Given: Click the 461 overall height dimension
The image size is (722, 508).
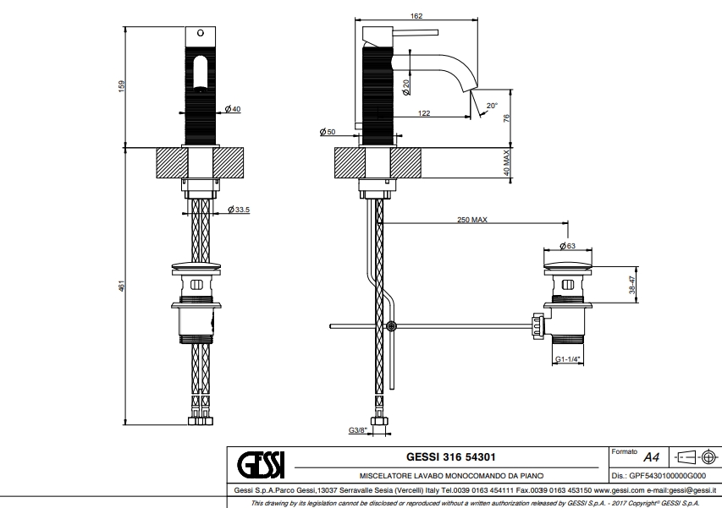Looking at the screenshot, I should point(120,287).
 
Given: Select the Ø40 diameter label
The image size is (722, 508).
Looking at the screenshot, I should point(234,109).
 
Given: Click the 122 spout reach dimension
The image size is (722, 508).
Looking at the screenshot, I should point(422,112).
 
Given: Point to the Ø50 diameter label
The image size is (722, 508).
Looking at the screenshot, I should point(328,131).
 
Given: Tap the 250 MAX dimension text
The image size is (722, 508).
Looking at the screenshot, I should point(471,220).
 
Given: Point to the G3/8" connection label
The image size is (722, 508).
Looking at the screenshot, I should point(357,430).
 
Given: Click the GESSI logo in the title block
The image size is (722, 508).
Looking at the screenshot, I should point(261,463).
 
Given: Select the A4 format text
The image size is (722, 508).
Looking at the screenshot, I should point(651,456).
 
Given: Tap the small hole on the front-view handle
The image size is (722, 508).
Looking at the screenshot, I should point(201,33).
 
